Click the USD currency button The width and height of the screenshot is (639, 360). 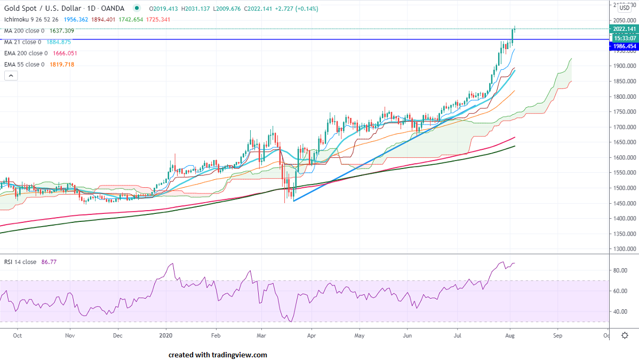pyautogui.click(x=625, y=8)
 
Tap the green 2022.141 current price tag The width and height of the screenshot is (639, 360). pyautogui.click(x=624, y=29)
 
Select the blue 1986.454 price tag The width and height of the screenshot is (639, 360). pyautogui.click(x=624, y=46)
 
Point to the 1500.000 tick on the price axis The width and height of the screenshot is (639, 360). pyautogui.click(x=624, y=188)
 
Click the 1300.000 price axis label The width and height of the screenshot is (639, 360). pyautogui.click(x=624, y=249)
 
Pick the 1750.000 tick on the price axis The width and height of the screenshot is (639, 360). pyautogui.click(x=624, y=112)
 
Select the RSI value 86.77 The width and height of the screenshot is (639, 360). pyautogui.click(x=50, y=262)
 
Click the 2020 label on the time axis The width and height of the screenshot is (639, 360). pyautogui.click(x=166, y=336)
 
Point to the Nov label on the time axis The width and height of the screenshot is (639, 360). pyautogui.click(x=69, y=336)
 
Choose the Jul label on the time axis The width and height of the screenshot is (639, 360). pyautogui.click(x=458, y=336)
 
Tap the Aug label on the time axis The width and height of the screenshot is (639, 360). pyautogui.click(x=509, y=336)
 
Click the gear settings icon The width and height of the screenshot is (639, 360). pyautogui.click(x=625, y=335)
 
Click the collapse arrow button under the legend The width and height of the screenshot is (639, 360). pyautogui.click(x=11, y=76)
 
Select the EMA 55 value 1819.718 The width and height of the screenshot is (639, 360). pyautogui.click(x=62, y=65)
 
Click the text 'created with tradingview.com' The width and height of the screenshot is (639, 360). pyautogui.click(x=218, y=355)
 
